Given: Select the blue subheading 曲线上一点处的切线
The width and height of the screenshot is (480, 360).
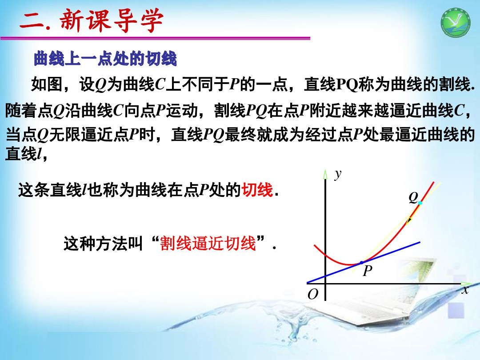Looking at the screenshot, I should (105, 59).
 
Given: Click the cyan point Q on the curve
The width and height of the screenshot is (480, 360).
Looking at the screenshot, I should (420, 203).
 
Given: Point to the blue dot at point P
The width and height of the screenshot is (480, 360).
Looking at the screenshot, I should (361, 263).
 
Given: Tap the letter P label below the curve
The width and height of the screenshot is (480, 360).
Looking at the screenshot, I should (367, 271).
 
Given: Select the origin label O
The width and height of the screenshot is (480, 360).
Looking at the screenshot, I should (313, 295).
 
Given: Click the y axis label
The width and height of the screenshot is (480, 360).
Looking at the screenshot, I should (338, 174).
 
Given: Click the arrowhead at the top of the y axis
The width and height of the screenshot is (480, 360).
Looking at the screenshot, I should (326, 174).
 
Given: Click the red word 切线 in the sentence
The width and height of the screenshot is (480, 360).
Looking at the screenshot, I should (256, 191).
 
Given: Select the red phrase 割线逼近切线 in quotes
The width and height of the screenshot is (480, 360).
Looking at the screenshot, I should (208, 244).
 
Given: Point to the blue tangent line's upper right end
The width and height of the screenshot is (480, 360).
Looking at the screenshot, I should (419, 242).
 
